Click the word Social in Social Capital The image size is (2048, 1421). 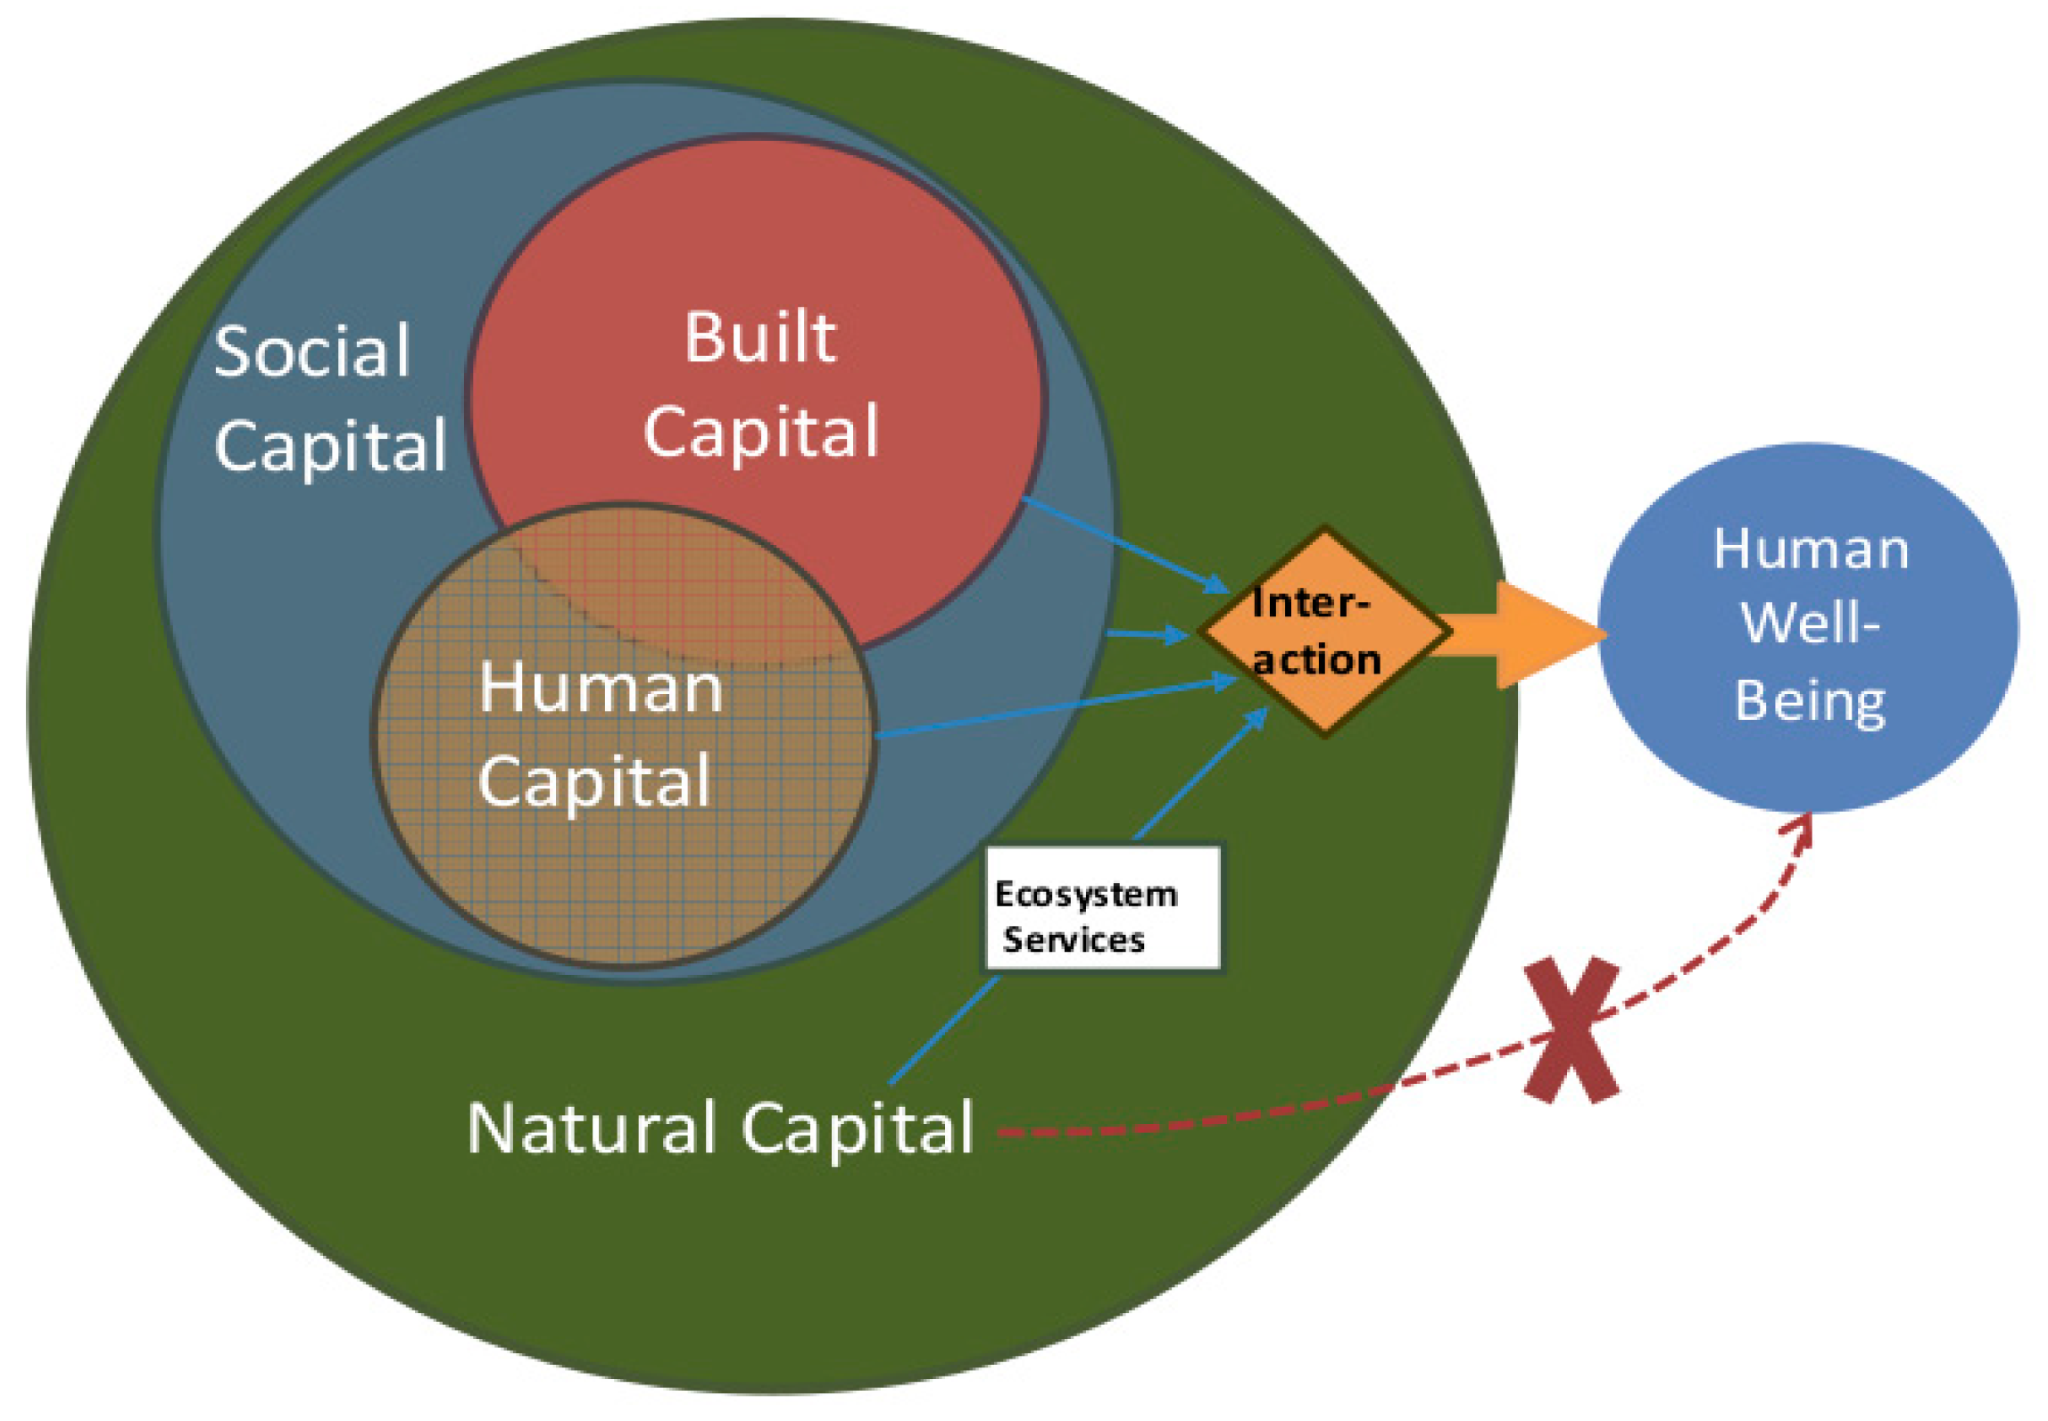tap(311, 351)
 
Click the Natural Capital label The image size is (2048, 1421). tap(719, 1128)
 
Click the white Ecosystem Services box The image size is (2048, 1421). tap(1103, 909)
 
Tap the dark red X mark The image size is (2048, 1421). tap(1571, 1031)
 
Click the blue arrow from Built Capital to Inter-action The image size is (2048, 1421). tap(1124, 544)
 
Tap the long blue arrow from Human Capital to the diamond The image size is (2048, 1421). tap(1053, 708)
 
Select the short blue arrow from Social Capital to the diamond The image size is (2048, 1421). tap(1146, 634)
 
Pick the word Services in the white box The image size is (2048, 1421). tap(1074, 939)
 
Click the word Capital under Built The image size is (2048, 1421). tap(761, 432)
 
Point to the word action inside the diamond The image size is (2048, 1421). tap(1317, 661)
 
